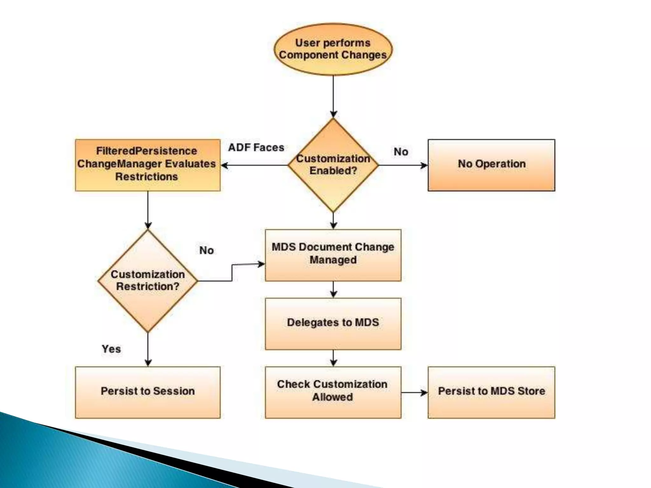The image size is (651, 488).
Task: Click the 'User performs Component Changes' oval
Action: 333,49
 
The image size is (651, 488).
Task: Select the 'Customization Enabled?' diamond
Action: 333,165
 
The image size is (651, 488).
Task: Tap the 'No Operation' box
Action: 491,165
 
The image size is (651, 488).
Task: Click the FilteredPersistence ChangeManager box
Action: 147,165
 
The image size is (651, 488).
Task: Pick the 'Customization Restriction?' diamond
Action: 148,281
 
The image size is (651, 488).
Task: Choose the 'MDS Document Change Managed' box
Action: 333,255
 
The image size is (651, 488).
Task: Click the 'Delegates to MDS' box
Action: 333,323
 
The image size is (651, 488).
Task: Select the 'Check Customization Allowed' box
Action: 333,392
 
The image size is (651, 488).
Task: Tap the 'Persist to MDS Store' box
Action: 491,392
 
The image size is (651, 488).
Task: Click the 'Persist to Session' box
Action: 147,392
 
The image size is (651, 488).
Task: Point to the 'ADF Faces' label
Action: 256,147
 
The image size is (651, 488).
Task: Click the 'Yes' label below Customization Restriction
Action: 111,349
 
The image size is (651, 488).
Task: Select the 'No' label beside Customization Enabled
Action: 401,152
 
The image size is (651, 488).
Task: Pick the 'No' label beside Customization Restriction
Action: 207,250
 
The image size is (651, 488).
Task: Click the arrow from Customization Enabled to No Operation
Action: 403,165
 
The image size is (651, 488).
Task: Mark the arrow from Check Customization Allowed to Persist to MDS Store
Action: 415,393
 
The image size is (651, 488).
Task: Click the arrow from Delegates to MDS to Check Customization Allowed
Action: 333,358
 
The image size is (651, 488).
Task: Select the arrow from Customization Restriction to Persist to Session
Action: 148,349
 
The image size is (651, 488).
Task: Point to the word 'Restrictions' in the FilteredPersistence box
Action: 147,177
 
